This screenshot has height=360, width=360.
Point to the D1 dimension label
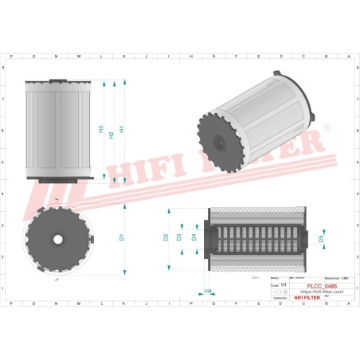click(x=121, y=237)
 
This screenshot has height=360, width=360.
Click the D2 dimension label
click(x=166, y=237)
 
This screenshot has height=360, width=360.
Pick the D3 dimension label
click(x=179, y=237)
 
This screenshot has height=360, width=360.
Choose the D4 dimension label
click(x=194, y=237)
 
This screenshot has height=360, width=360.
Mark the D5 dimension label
click(x=321, y=237)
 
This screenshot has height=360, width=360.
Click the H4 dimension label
click(x=208, y=292)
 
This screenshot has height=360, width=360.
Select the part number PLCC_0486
click(x=320, y=285)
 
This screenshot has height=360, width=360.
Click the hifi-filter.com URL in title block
click(x=320, y=292)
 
